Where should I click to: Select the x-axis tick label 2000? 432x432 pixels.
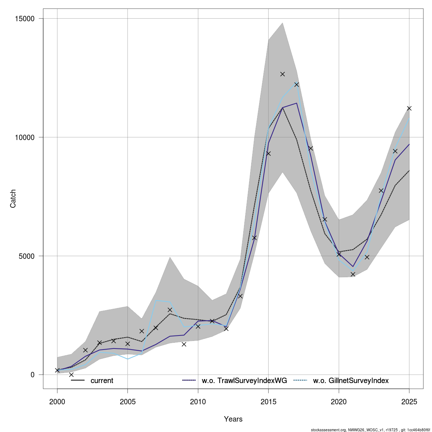coord(57,401)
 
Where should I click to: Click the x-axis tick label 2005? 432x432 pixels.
coord(127,401)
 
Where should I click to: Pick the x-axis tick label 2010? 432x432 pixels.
coord(198,401)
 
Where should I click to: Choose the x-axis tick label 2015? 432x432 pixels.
coord(268,401)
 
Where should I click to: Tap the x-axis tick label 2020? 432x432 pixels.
coord(339,401)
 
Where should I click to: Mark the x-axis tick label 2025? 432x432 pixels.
coord(409,401)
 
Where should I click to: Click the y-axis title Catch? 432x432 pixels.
coord(13,199)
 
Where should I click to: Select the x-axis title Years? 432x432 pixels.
coord(233,419)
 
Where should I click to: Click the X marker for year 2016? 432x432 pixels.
coord(283,74)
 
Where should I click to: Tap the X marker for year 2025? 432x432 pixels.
coord(409,108)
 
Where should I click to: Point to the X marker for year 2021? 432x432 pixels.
coord(353,274)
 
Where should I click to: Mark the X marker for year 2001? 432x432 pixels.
coord(71,374)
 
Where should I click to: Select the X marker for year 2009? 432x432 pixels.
coord(184,344)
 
